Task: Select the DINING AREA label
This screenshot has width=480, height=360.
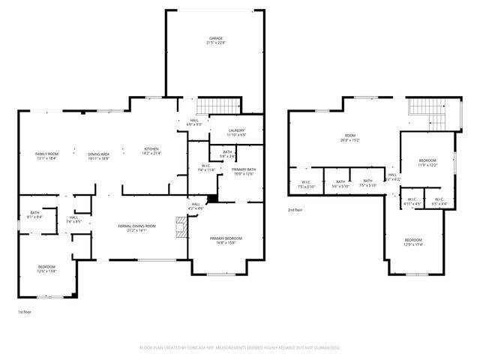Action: (99, 155)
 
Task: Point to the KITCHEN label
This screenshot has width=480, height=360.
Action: (151, 151)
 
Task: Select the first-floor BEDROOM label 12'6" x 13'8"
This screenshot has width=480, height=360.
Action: (46, 268)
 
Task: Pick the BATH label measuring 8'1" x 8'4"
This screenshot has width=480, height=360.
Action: (35, 214)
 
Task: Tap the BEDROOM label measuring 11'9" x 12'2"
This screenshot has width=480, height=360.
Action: (427, 163)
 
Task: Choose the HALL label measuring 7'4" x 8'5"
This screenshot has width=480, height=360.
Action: (73, 220)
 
